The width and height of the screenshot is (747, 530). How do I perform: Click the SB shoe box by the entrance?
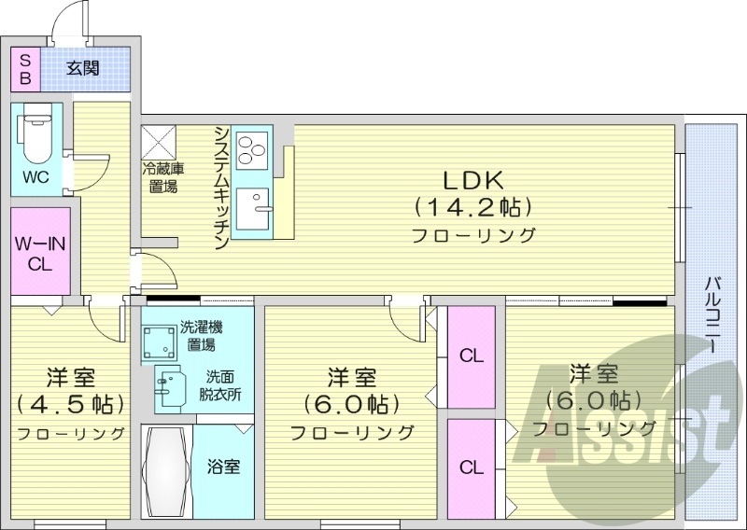coord(25,67)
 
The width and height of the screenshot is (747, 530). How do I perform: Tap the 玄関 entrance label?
coord(83,67)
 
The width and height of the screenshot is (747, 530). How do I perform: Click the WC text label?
coord(36,177)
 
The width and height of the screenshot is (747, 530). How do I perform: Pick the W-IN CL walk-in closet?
coord(39,251)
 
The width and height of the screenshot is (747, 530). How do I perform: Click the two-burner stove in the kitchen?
coord(253,149)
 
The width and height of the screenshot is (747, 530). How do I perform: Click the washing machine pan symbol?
coord(158,346)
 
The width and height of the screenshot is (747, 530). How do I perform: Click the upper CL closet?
coord(472,355)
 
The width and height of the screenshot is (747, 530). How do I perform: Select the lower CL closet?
coord(472,467)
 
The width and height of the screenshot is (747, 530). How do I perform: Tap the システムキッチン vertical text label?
coord(221,187)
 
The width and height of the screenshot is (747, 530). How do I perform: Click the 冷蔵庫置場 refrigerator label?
coord(161,177)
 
